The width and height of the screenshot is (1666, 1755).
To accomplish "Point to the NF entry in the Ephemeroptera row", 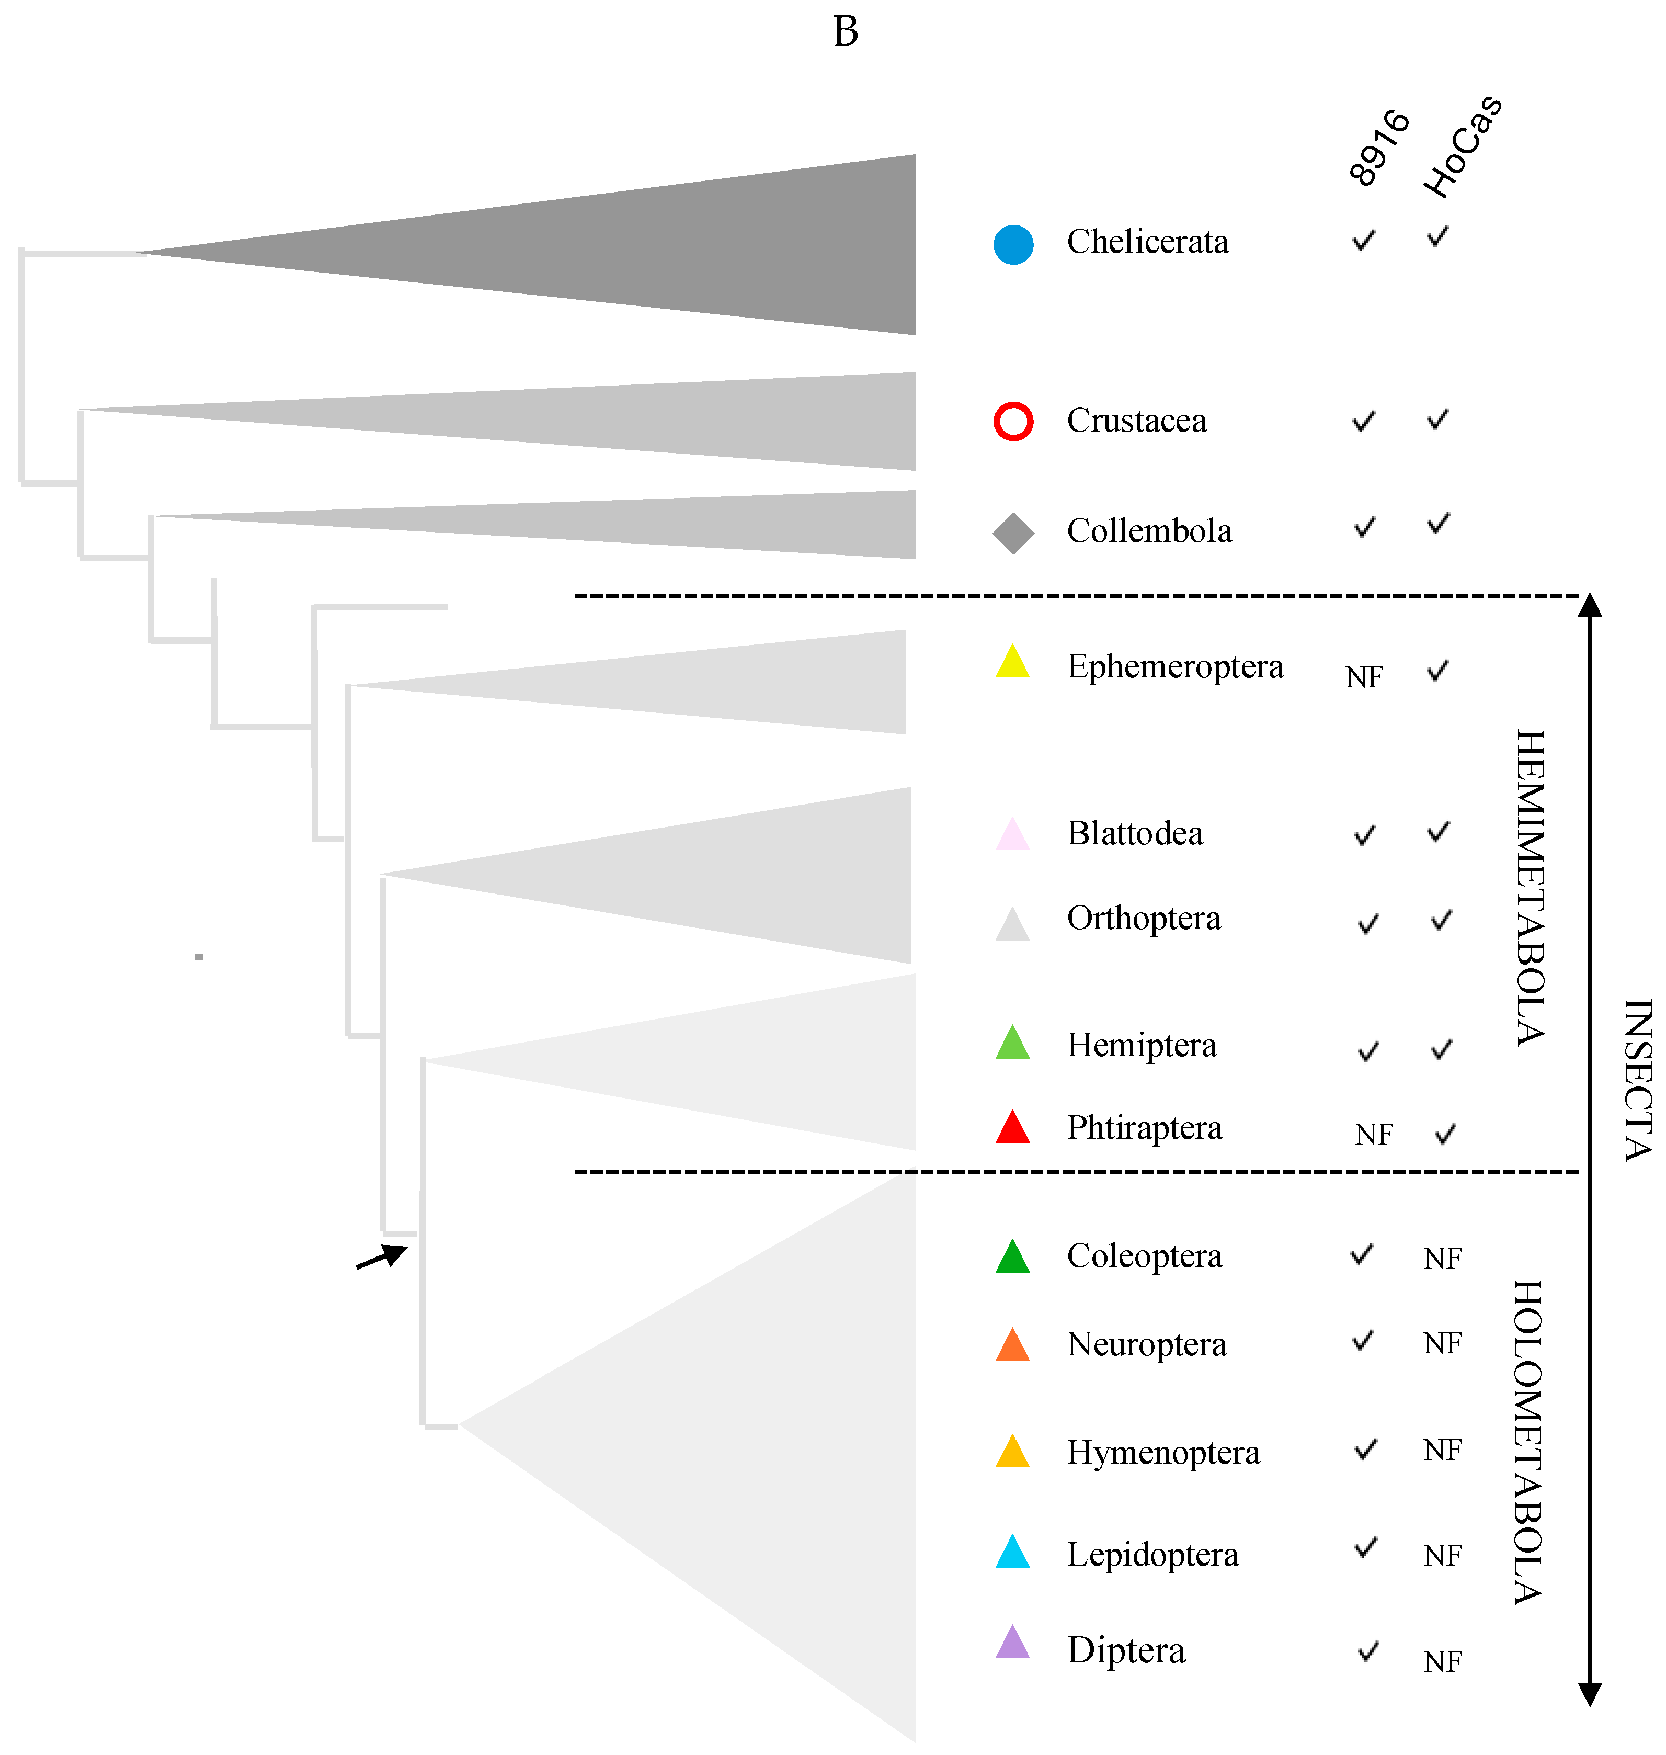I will click(1364, 677).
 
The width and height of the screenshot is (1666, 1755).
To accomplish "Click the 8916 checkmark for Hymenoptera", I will click(1365, 1450).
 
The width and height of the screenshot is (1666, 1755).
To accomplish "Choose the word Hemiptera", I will click(1141, 1045).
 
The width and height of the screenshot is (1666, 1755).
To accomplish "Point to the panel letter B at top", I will click(846, 32).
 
